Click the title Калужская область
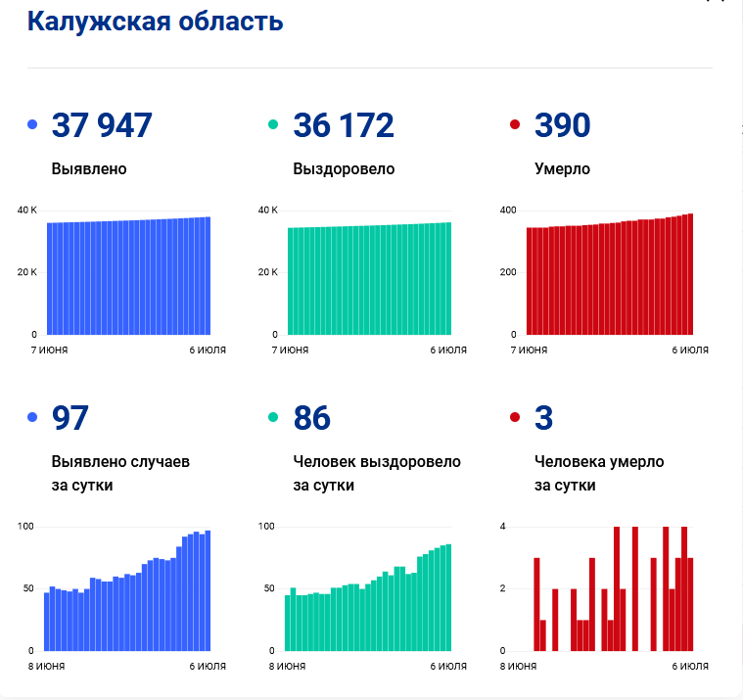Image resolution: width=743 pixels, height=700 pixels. [x=155, y=22]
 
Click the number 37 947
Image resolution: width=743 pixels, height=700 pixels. [x=102, y=125]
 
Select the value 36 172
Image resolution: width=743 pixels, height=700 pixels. [x=344, y=125]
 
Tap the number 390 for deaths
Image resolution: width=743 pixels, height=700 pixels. [x=563, y=125]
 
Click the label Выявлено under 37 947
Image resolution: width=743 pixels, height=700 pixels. [x=89, y=168]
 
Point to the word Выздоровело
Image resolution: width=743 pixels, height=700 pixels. [x=344, y=169]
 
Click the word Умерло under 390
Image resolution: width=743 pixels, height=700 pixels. [x=563, y=169]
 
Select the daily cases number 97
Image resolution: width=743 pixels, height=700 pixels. [x=70, y=417]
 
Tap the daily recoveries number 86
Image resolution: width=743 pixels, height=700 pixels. [x=312, y=417]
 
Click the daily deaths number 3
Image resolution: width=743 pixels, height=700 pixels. [x=543, y=417]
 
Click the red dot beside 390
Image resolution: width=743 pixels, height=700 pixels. [x=515, y=124]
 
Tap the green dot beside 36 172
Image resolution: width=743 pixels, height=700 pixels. [x=273, y=124]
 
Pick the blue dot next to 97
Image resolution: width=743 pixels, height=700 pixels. [x=32, y=417]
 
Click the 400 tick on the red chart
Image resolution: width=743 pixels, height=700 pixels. [x=508, y=210]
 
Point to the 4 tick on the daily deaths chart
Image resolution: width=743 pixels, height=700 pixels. [x=503, y=526]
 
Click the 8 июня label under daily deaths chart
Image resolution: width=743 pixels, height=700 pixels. [x=518, y=666]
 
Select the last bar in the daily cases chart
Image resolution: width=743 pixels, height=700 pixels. [x=208, y=590]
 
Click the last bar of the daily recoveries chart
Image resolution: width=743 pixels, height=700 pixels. [x=448, y=597]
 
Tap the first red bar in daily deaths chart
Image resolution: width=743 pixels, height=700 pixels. [x=536, y=604]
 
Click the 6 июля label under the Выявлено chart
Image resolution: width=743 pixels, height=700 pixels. [x=208, y=350]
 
